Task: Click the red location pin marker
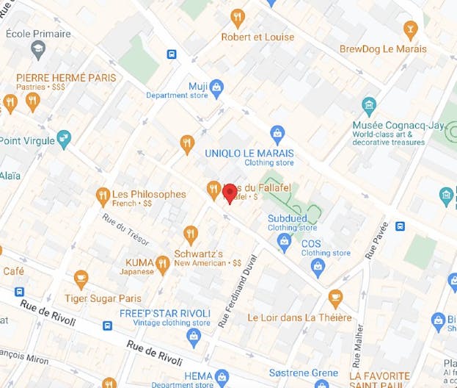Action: point(230,193)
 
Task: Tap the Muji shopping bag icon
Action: point(216,90)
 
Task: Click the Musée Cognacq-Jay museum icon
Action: point(369,107)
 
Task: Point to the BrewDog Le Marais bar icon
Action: point(410,30)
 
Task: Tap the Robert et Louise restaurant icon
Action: point(238,18)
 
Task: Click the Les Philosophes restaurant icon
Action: point(103,195)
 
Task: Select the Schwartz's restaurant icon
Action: point(191,235)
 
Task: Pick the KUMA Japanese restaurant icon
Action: point(164,265)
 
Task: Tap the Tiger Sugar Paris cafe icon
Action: point(81,279)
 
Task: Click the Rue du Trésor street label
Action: point(126,230)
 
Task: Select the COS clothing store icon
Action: point(318,266)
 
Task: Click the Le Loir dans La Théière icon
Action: point(335,299)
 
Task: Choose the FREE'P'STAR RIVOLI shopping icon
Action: point(194,337)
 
